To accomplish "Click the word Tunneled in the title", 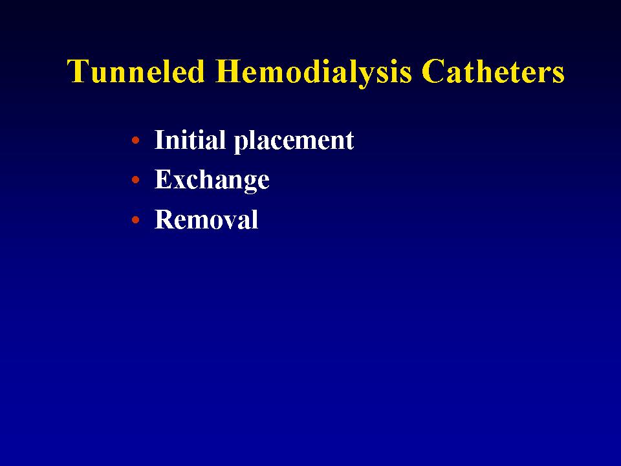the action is click(136, 71).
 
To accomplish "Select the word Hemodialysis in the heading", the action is click(313, 72).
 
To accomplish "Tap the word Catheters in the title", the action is click(493, 71).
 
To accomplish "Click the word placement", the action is click(294, 142).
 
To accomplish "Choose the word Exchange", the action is click(212, 181).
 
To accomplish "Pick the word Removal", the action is click(206, 219).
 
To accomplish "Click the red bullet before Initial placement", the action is click(135, 140).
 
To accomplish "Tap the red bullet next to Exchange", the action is click(135, 180).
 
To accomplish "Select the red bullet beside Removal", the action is click(135, 219).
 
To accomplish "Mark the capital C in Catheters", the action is click(432, 71).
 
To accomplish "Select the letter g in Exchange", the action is click(248, 186).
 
